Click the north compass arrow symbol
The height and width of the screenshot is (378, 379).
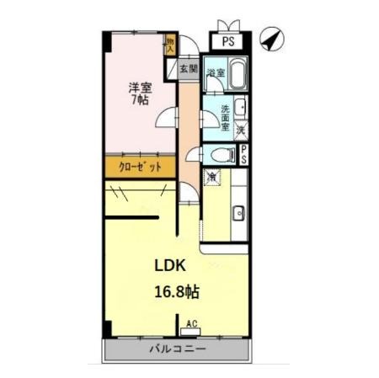pyautogui.click(x=271, y=38)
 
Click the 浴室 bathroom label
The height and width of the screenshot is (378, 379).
pyautogui.click(x=216, y=73)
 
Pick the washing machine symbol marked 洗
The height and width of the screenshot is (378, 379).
pyautogui.click(x=241, y=130)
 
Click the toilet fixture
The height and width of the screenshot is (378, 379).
pyautogui.click(x=223, y=155)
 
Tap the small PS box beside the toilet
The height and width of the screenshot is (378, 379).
pyautogui.click(x=243, y=155)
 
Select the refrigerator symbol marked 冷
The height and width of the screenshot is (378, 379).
pyautogui.click(x=213, y=177)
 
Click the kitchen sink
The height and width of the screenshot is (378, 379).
pyautogui.click(x=238, y=211)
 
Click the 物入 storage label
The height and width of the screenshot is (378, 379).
pyautogui.click(x=170, y=44)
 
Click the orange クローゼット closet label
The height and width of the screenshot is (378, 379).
pyautogui.click(x=138, y=167)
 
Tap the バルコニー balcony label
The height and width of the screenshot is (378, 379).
pyautogui.click(x=173, y=348)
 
